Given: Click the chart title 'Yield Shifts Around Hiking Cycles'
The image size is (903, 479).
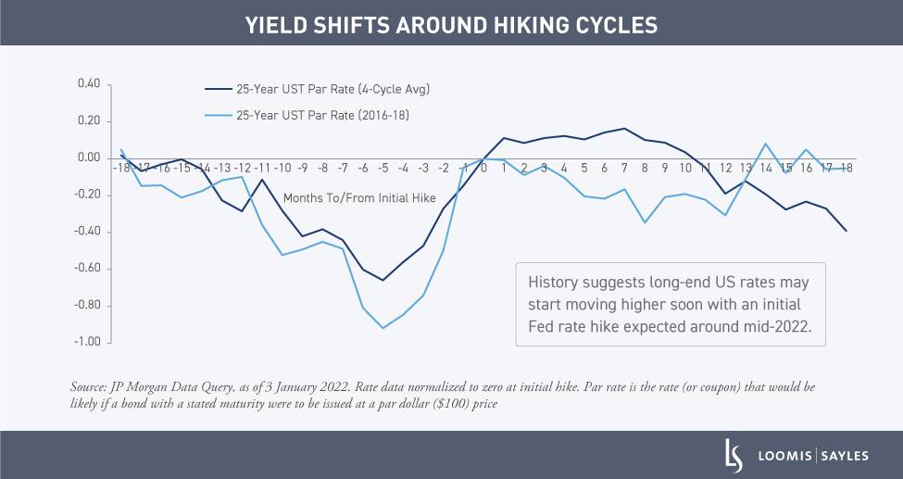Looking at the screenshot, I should (451, 25).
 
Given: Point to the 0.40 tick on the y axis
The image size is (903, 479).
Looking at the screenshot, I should (88, 84).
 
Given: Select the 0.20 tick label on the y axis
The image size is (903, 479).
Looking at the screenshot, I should (88, 121).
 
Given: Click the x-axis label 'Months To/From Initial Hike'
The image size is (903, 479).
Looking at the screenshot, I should (346, 197).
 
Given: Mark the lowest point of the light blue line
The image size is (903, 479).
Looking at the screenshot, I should (383, 328).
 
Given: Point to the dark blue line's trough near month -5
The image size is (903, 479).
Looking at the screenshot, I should (383, 280).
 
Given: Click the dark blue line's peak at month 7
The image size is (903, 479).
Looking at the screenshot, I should (624, 129).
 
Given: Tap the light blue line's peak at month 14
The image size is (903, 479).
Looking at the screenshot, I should (766, 144).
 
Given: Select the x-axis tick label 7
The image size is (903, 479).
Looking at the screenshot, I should (624, 169).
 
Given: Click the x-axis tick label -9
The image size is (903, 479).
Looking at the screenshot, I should (302, 169).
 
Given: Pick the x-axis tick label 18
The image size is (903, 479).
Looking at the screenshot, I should (847, 169).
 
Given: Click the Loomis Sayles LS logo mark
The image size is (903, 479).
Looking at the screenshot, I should (733, 455).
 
